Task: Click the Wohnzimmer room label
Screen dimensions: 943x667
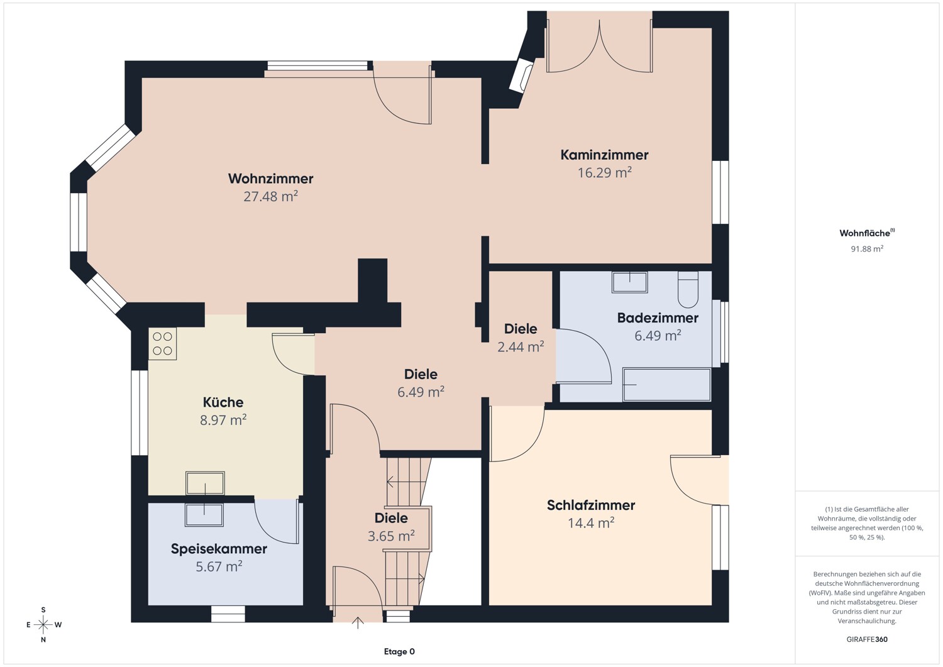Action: [x=271, y=179]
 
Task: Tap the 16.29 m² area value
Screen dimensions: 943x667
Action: [x=605, y=172]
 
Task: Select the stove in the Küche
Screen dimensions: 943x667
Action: [x=162, y=344]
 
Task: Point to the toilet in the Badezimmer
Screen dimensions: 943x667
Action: [x=688, y=289]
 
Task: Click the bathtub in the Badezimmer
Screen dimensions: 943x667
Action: [x=667, y=385]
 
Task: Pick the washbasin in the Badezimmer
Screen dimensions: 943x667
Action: [x=630, y=282]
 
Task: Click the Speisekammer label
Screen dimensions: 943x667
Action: [x=219, y=549]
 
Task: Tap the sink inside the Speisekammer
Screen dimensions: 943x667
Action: [x=204, y=515]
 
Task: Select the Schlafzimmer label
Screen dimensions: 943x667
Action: [x=591, y=505]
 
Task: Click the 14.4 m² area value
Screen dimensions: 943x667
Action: [x=591, y=522]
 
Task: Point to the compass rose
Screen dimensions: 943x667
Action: [x=43, y=624]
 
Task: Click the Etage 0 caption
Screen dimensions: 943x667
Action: [x=399, y=651]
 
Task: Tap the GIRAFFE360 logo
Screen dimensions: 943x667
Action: [x=867, y=639]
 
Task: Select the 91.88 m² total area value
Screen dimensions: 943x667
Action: [x=867, y=248]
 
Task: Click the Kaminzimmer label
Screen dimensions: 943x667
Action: [x=604, y=155]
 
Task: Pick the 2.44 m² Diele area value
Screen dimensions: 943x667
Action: [x=521, y=346]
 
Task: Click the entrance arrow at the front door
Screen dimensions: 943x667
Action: [x=358, y=623]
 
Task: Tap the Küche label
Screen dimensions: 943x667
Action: [x=223, y=402]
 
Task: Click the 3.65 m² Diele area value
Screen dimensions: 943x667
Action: [x=391, y=536]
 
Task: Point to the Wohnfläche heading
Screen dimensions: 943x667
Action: [x=867, y=233]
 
